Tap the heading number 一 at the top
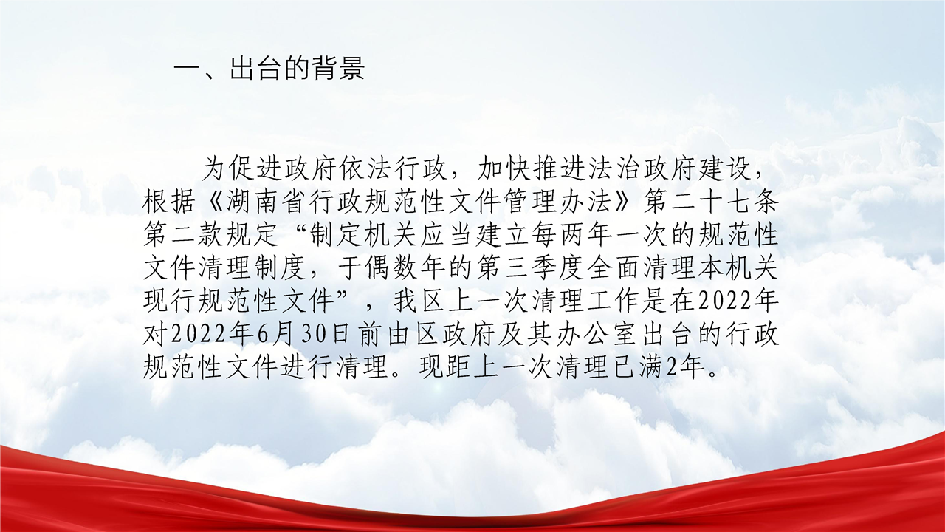pos(188,68)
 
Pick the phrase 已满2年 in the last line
pos(657,367)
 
